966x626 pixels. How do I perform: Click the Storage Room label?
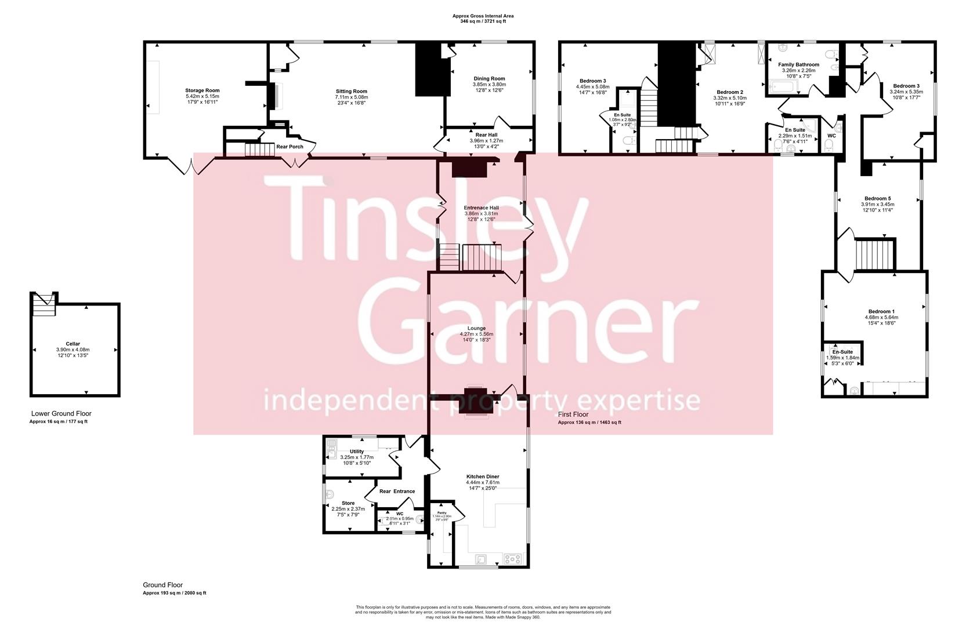point(202,90)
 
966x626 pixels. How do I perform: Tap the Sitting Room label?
point(352,92)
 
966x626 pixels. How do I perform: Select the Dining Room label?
point(489,79)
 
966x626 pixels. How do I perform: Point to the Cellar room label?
point(73,344)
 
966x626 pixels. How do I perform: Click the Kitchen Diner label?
point(482,476)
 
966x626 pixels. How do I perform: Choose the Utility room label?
point(357,452)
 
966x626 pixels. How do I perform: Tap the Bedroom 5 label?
point(877,198)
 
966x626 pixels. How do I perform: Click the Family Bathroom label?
point(798,65)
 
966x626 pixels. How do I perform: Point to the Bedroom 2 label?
point(729,92)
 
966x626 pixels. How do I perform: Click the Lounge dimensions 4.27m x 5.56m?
point(476,334)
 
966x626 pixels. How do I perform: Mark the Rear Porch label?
point(290,147)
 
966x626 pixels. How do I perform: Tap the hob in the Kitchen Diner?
point(513,559)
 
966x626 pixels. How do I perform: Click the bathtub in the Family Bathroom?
point(783,88)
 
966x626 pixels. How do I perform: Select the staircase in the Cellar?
point(44,304)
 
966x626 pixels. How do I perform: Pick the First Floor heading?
point(573,414)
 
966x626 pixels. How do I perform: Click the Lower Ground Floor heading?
point(61,413)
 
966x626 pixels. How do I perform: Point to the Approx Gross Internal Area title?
point(483,16)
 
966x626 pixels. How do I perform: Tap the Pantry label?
point(442,513)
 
